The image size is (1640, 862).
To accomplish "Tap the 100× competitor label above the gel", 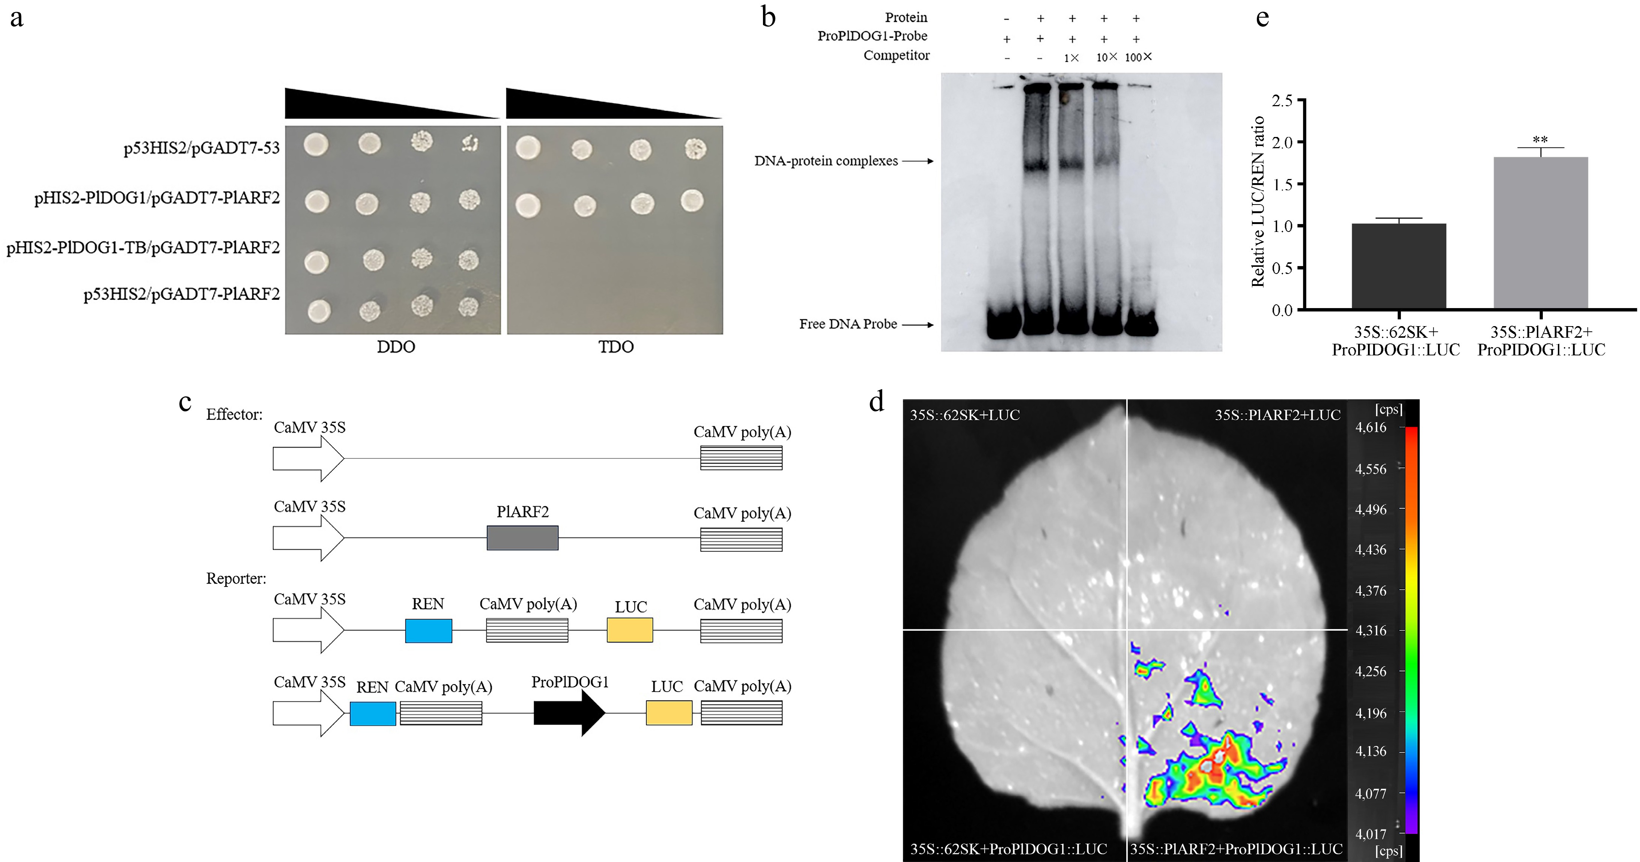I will coord(1138,57).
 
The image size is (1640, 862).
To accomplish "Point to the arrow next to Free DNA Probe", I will coord(918,325).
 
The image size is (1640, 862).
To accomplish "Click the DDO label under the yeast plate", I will coord(396,347).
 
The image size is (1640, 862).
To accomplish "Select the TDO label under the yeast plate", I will coord(615,347).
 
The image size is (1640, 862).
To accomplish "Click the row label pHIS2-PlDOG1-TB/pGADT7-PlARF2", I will coord(143,248).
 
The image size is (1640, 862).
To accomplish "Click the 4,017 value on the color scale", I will coord(1371,833).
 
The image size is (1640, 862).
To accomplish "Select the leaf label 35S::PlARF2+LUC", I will coord(1277,415).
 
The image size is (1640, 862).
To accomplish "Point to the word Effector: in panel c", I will coord(234,414).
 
